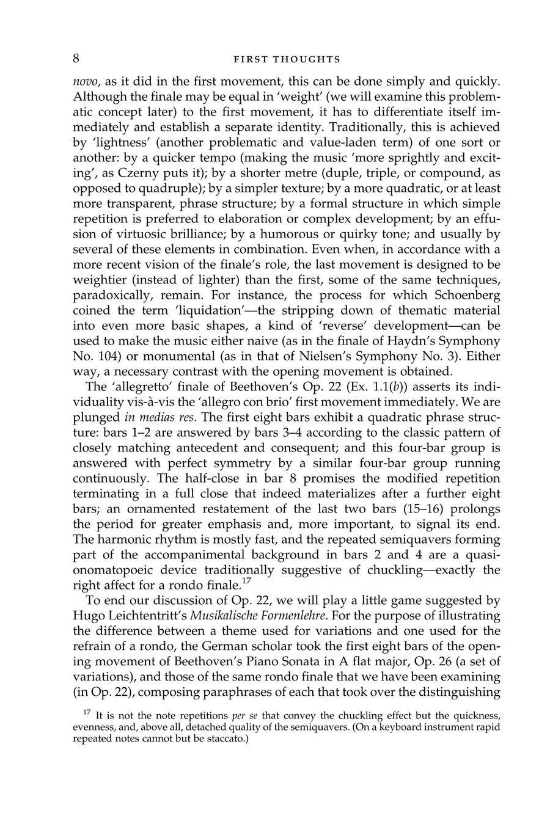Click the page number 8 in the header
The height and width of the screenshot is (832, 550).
click(x=76, y=59)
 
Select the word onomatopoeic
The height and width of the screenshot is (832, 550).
click(x=112, y=570)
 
